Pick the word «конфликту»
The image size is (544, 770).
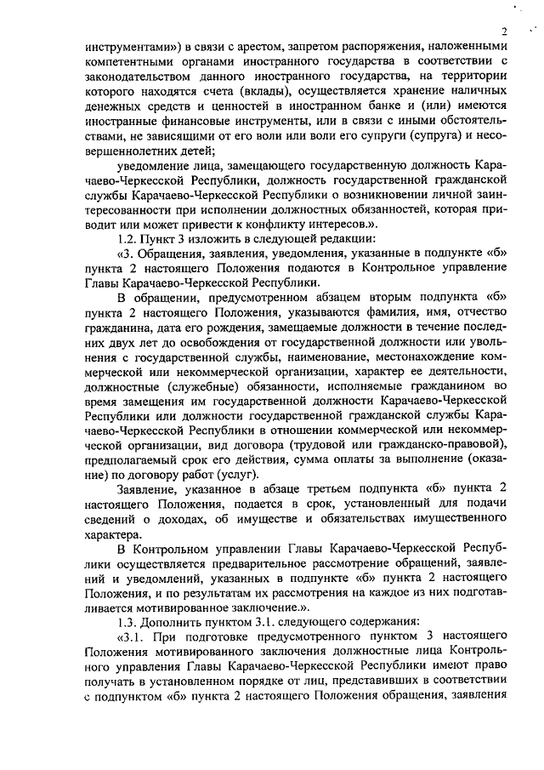pyautogui.click(x=295, y=221)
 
